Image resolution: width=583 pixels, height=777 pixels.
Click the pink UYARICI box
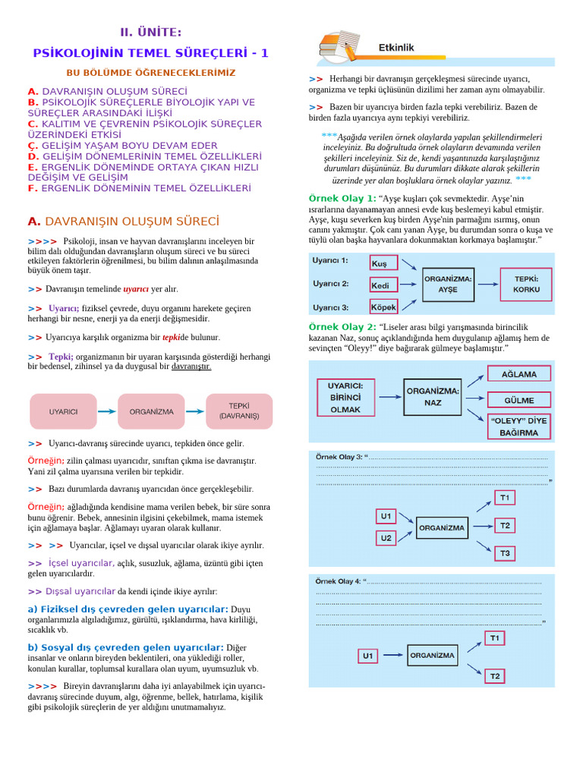(63, 411)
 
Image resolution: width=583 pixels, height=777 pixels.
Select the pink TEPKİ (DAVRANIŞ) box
(239, 411)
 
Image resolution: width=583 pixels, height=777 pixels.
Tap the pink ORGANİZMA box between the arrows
(151, 411)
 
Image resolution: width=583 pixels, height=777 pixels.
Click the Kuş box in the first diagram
(383, 263)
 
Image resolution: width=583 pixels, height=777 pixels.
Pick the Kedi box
(383, 285)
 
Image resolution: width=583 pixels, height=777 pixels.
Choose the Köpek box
(383, 307)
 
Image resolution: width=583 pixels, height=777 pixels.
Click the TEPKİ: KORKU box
(526, 285)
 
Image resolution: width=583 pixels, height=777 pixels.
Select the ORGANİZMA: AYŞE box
(449, 285)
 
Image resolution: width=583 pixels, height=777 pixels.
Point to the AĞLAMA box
(518, 374)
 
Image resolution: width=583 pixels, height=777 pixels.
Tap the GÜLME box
(518, 400)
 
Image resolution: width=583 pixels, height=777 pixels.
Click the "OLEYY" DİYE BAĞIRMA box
(518, 426)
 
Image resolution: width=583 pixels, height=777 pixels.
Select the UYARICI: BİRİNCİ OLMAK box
(345, 397)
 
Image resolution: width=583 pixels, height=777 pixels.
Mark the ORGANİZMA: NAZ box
(433, 397)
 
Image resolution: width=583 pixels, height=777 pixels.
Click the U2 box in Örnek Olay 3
(386, 538)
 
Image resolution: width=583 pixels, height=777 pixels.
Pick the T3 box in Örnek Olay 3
(505, 553)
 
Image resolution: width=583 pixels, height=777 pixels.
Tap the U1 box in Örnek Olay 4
(368, 656)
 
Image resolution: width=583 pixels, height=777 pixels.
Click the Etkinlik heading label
(396, 47)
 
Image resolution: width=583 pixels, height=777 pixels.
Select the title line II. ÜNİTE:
(150, 32)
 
